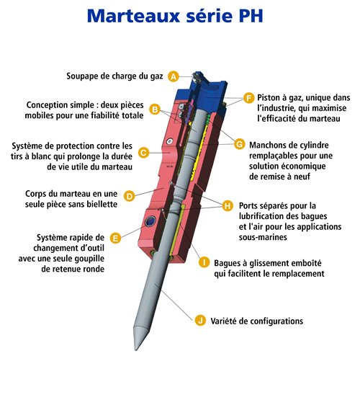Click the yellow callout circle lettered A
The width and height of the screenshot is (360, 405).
174,76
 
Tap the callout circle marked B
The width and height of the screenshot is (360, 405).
155,110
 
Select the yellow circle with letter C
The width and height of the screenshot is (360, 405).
143,153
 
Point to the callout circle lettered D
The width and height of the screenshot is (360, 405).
130,196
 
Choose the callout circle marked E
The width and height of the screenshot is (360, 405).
115,238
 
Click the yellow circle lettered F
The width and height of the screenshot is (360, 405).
249,98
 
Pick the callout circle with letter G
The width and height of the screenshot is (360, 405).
240,144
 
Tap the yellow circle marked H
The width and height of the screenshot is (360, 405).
228,206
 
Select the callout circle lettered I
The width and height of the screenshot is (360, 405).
204,262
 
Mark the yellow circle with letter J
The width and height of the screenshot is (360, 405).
200,321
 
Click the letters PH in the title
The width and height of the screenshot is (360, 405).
251,16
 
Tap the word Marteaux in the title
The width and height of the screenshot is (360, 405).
133,16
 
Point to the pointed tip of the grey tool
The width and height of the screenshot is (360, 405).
136,350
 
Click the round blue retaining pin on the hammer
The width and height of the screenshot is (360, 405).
150,222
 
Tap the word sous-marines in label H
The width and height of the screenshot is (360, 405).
263,237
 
